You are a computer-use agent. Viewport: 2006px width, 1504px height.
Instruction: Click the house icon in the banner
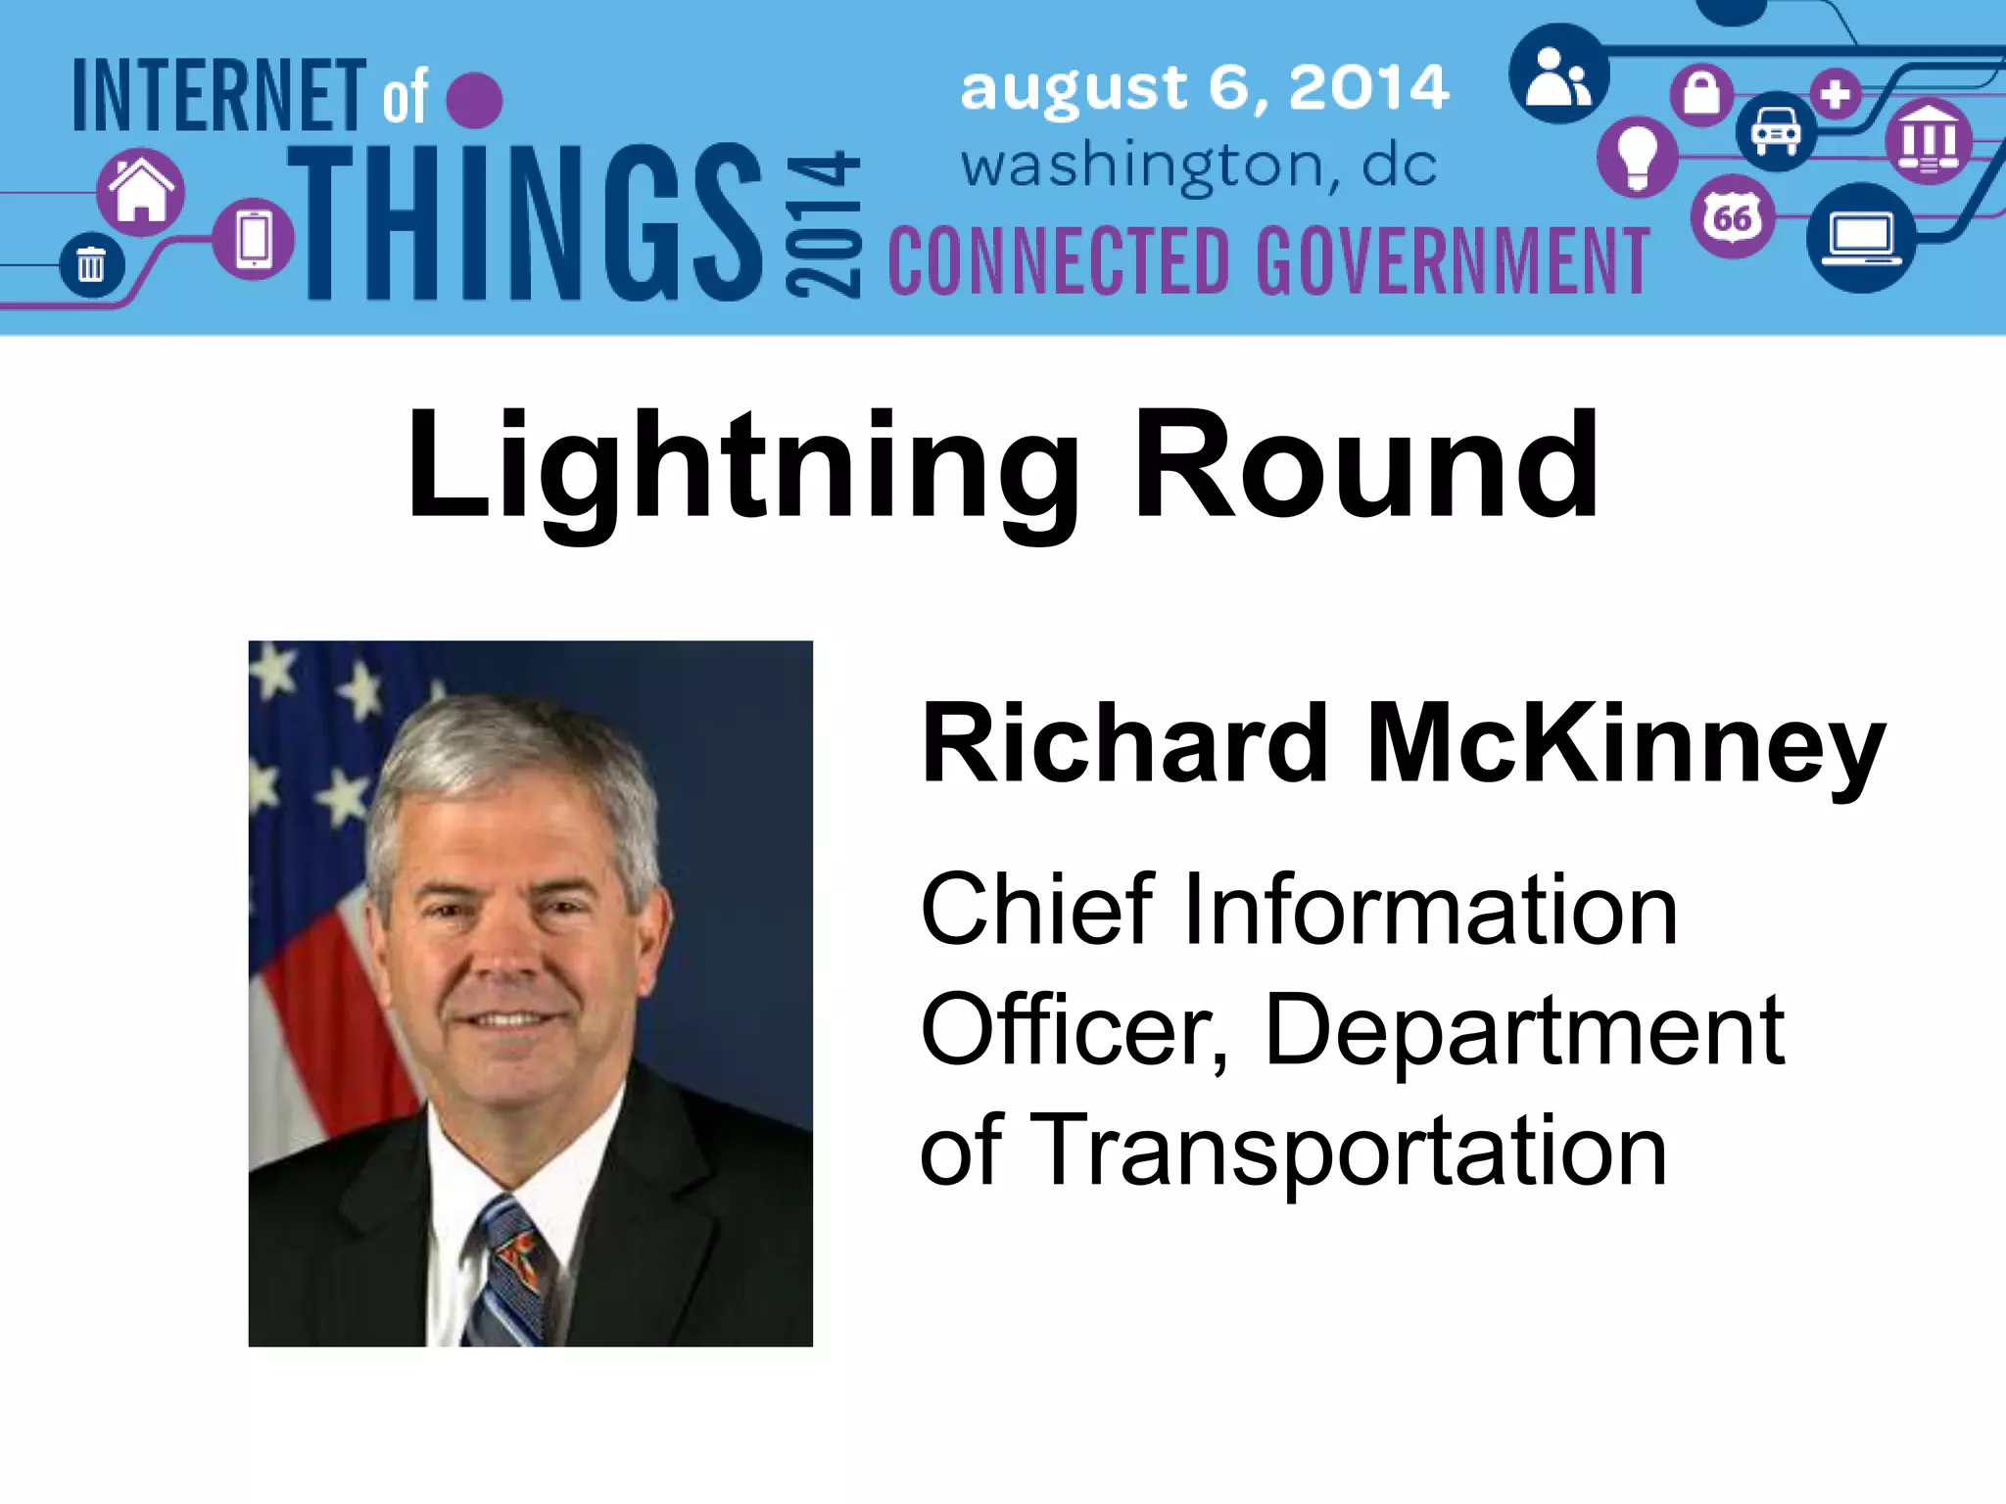pyautogui.click(x=141, y=191)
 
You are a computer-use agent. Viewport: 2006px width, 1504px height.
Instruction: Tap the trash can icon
pyautogui.click(x=90, y=264)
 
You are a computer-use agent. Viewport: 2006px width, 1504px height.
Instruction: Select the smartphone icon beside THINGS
pyautogui.click(x=254, y=239)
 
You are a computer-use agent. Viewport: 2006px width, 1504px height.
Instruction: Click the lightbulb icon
pyautogui.click(x=1636, y=157)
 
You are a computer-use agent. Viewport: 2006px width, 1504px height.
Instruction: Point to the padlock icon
pyautogui.click(x=1701, y=94)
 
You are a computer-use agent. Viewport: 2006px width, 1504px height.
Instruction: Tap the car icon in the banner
pyautogui.click(x=1775, y=131)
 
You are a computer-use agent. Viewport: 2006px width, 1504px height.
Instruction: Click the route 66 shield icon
pyautogui.click(x=1732, y=216)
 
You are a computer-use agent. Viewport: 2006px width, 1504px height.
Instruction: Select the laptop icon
pyautogui.click(x=1861, y=238)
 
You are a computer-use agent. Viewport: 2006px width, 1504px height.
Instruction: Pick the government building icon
pyautogui.click(x=1929, y=141)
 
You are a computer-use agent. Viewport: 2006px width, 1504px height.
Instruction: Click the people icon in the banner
pyautogui.click(x=1558, y=76)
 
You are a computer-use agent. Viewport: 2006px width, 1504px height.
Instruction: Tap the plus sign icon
pyautogui.click(x=1836, y=94)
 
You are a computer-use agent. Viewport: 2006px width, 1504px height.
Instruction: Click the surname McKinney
pyautogui.click(x=1625, y=745)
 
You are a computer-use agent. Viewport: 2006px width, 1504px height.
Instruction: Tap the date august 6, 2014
pyautogui.click(x=1204, y=87)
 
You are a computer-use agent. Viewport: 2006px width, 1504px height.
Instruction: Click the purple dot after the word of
pyautogui.click(x=474, y=99)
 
